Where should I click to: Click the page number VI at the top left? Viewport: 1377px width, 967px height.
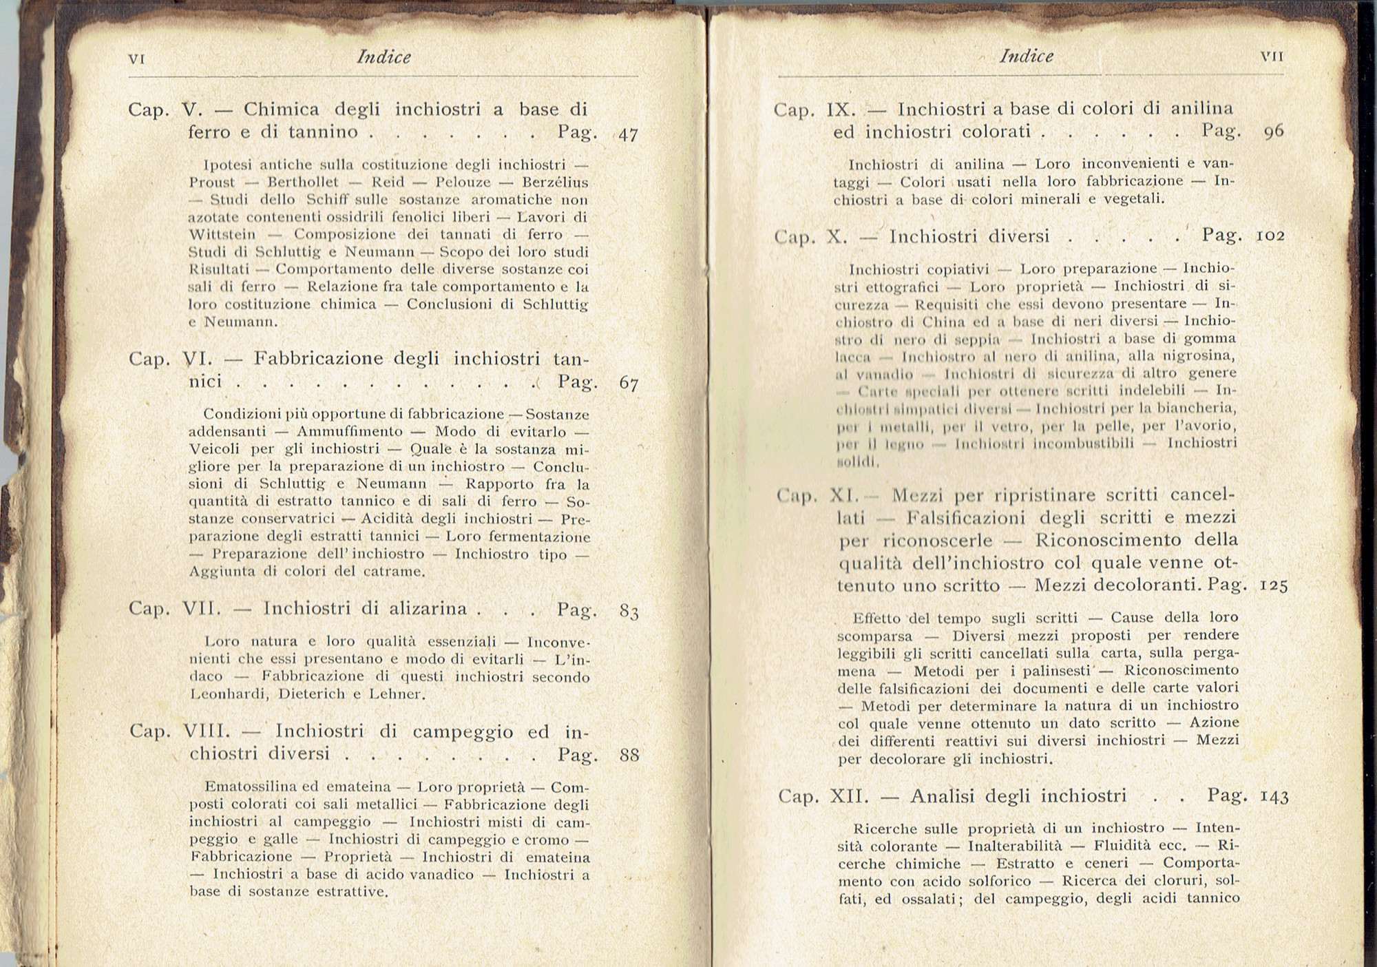point(136,59)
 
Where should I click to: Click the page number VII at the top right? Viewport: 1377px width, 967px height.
point(1272,57)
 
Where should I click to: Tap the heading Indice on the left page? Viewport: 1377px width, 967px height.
point(383,57)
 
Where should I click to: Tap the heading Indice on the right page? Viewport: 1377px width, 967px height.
point(1026,56)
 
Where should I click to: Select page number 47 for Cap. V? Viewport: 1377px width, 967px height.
point(628,134)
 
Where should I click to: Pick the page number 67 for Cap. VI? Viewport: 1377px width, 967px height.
point(629,384)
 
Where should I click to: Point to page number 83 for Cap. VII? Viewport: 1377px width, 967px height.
point(629,612)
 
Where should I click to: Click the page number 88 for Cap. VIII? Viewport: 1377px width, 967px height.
point(629,756)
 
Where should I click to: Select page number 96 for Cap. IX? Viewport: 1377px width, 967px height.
point(1274,132)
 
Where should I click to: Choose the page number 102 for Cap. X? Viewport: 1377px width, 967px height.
point(1270,236)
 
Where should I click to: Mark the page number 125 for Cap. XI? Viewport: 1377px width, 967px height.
point(1273,586)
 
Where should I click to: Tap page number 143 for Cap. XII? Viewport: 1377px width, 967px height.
point(1274,797)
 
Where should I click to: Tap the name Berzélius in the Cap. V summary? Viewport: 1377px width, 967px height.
point(555,183)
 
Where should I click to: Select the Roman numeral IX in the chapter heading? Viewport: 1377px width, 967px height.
point(839,110)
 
